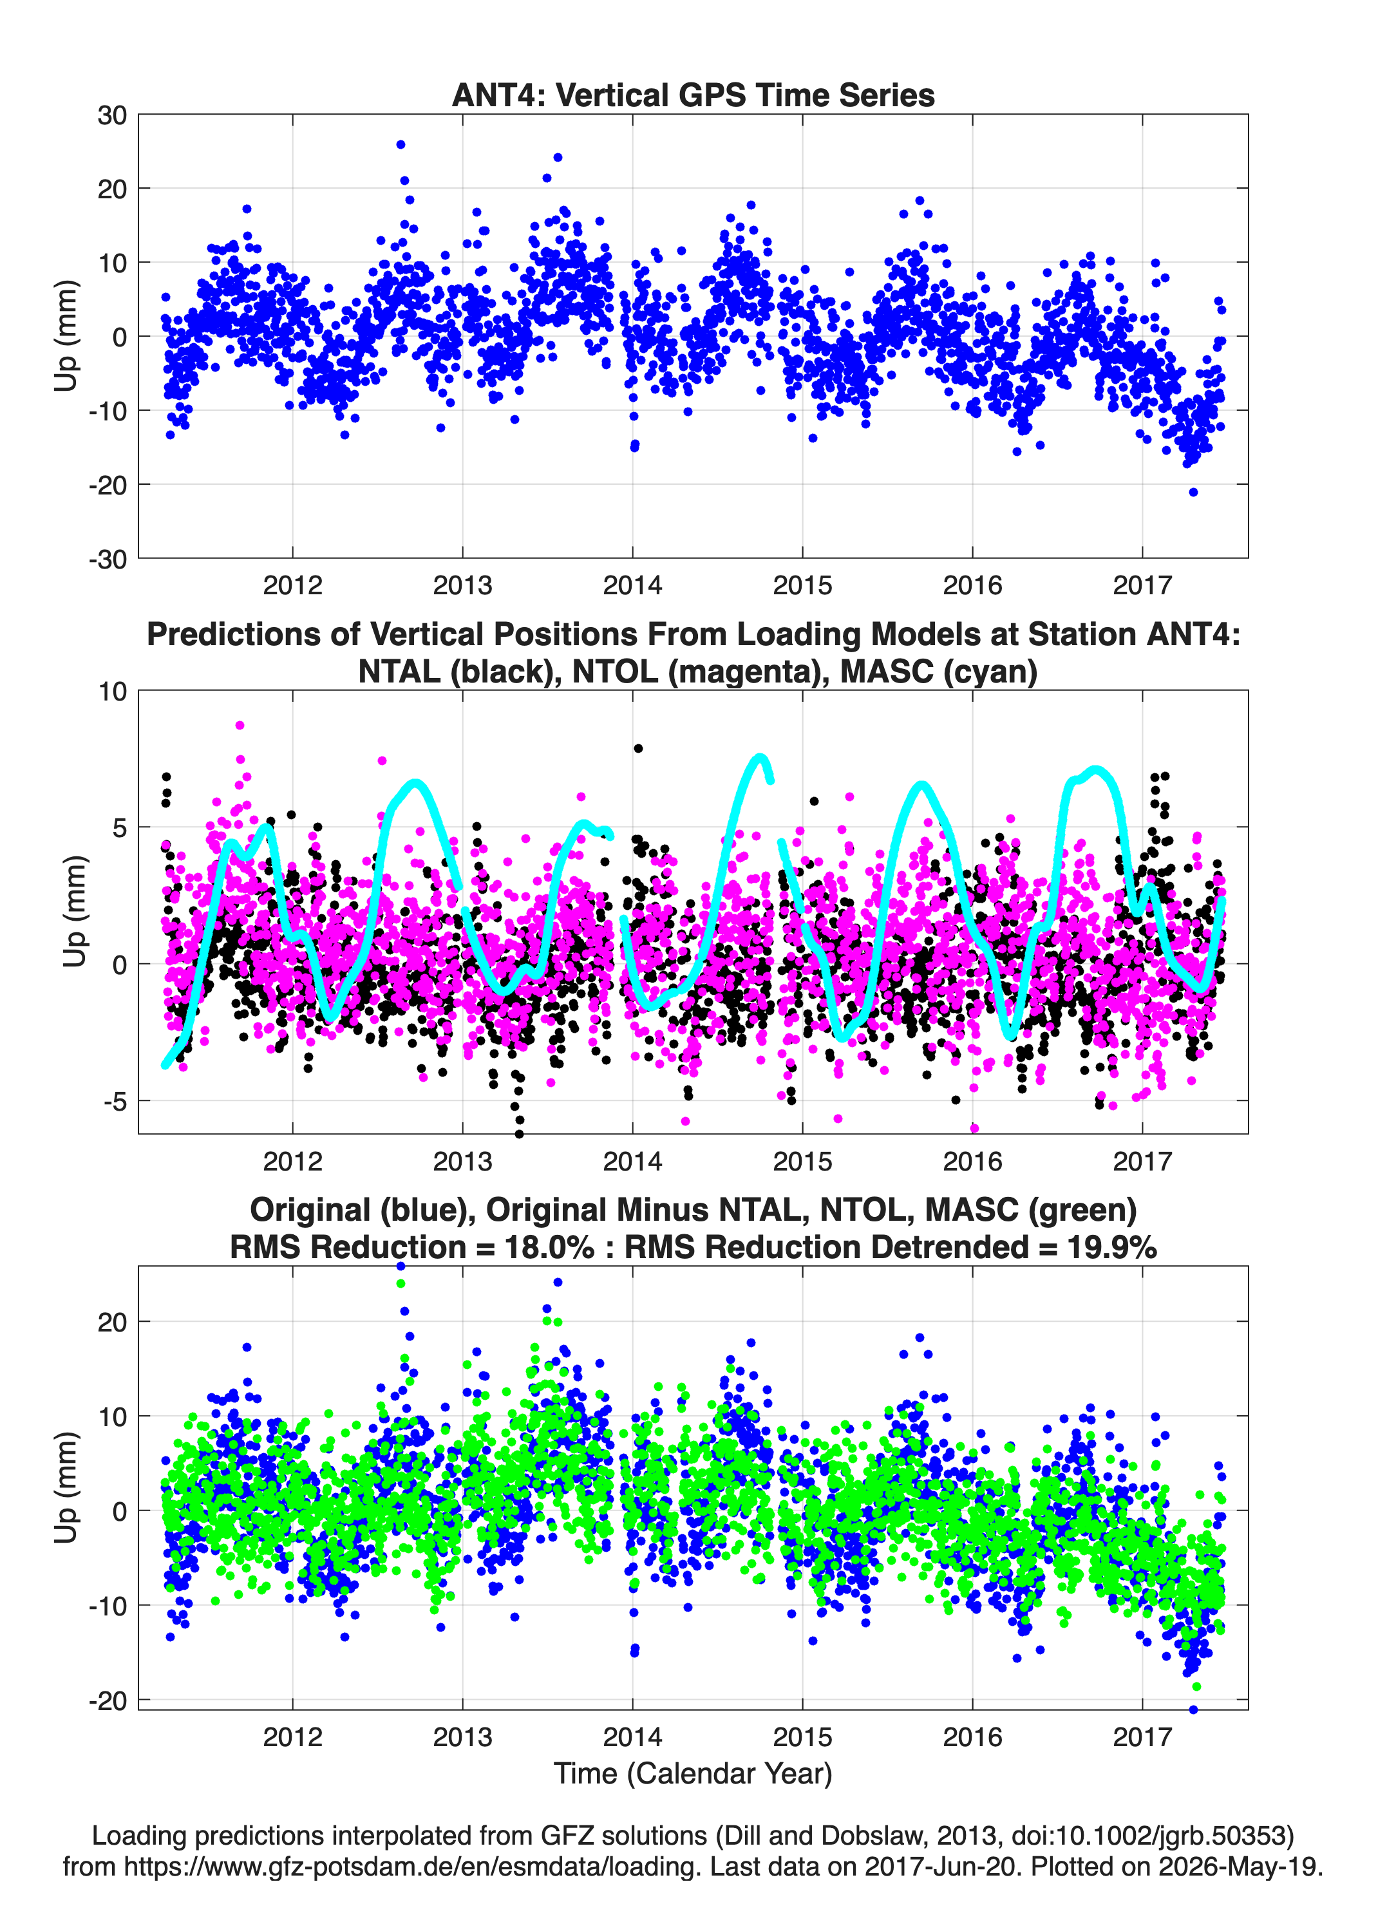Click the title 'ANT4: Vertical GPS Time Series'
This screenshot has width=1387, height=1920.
tap(693, 95)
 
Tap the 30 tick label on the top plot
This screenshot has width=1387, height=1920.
tap(112, 115)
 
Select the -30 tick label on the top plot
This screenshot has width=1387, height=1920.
tap(108, 560)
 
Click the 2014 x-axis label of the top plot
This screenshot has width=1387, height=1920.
tap(632, 585)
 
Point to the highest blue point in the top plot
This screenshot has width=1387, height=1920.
tap(401, 145)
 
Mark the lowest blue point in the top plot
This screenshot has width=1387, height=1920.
tap(1193, 492)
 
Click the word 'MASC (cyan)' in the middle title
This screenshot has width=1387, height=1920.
tap(938, 672)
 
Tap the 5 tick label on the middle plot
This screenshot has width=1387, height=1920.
tap(119, 827)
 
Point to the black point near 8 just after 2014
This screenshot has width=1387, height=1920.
tap(639, 748)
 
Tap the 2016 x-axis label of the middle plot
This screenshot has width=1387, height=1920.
tap(972, 1161)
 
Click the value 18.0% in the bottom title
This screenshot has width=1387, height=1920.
tap(549, 1247)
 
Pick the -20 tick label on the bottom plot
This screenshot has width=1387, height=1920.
tap(108, 1700)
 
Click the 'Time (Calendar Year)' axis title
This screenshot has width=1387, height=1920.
tap(693, 1773)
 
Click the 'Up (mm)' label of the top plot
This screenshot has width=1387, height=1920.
tap(66, 336)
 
